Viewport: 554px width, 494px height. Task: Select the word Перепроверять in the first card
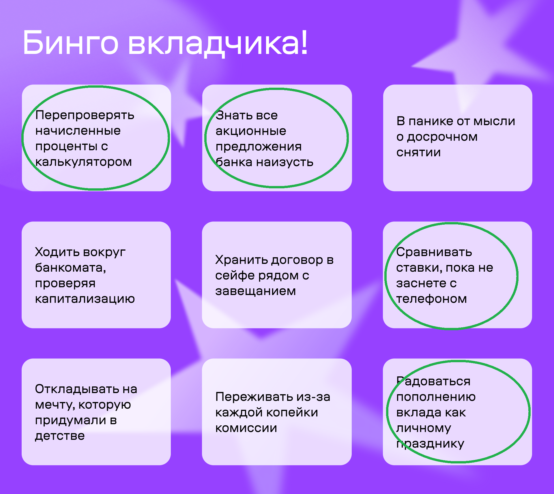(85, 116)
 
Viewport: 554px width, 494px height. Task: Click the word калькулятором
(83, 162)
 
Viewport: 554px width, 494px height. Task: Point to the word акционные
(251, 132)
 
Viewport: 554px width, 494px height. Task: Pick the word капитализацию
(85, 299)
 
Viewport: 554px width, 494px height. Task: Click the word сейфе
(235, 275)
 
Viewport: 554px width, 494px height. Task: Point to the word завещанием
(255, 291)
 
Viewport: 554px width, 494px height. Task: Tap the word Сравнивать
(434, 252)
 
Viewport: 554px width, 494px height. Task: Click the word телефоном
(431, 299)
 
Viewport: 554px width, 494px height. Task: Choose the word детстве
(60, 436)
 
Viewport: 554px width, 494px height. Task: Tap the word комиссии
(246, 428)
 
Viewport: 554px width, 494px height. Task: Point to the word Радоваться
(433, 381)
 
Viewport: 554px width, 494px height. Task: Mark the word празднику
(430, 444)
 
